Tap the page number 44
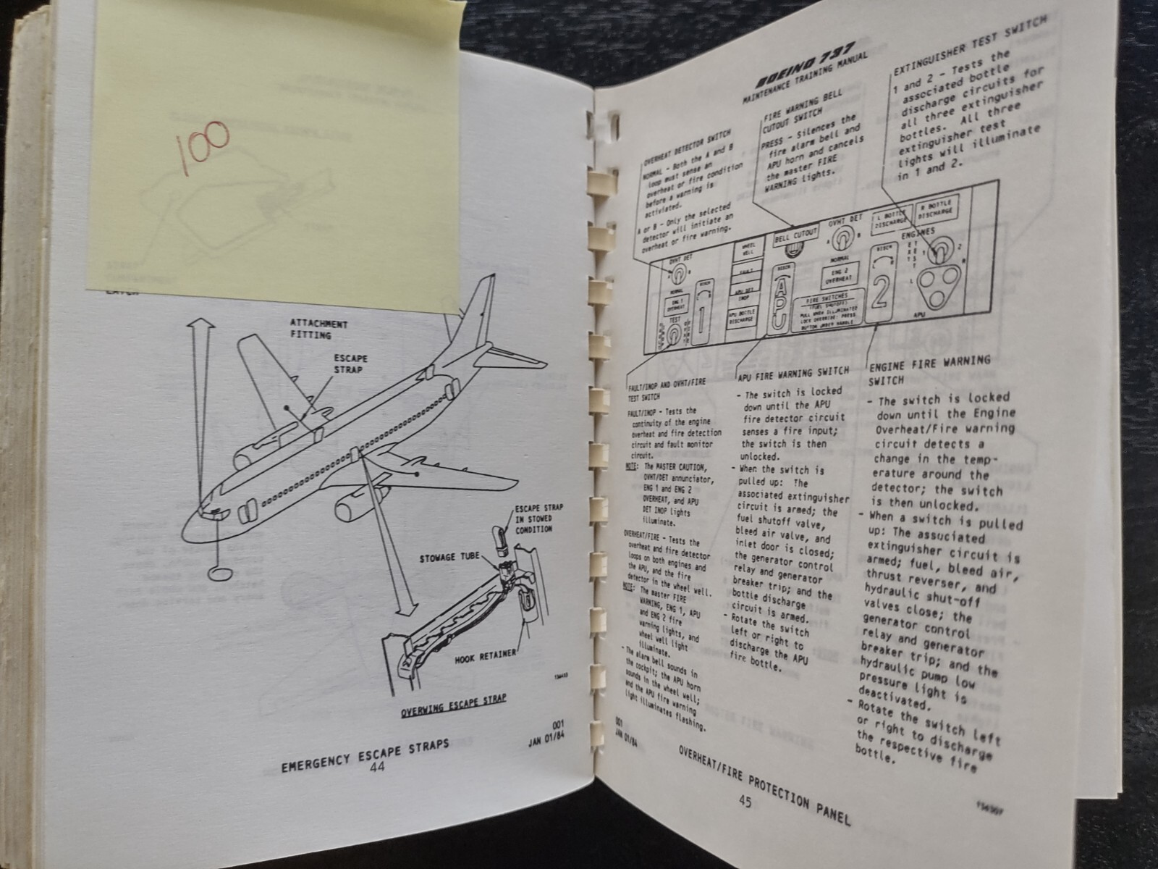click(376, 768)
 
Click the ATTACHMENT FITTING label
click(318, 329)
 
